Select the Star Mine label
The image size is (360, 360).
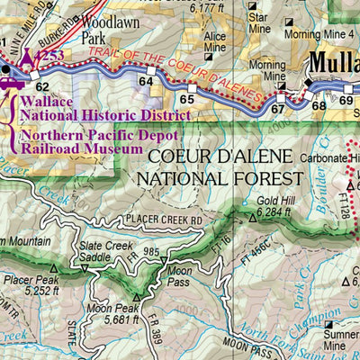258,22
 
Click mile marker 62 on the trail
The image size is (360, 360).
42,86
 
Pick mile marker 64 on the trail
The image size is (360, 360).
146,82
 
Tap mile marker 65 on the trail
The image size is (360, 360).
186,99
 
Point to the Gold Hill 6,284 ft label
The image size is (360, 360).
275,207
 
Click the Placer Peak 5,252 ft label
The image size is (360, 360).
29,284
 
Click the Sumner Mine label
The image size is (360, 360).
339,339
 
